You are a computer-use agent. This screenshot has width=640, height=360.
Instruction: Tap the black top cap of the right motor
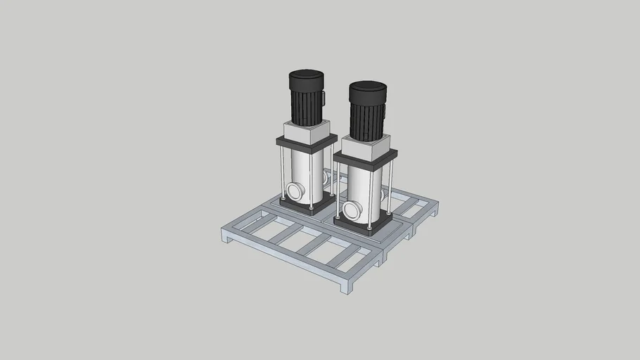pyautogui.click(x=367, y=89)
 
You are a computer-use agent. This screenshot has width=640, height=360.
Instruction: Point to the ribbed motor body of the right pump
pyautogui.click(x=366, y=120)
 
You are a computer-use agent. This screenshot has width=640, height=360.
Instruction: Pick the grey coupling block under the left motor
pyautogui.click(x=305, y=131)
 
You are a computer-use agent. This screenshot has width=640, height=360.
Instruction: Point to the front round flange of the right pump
pyautogui.click(x=350, y=209)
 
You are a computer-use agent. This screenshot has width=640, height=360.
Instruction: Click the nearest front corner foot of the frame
pyautogui.click(x=346, y=285)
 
